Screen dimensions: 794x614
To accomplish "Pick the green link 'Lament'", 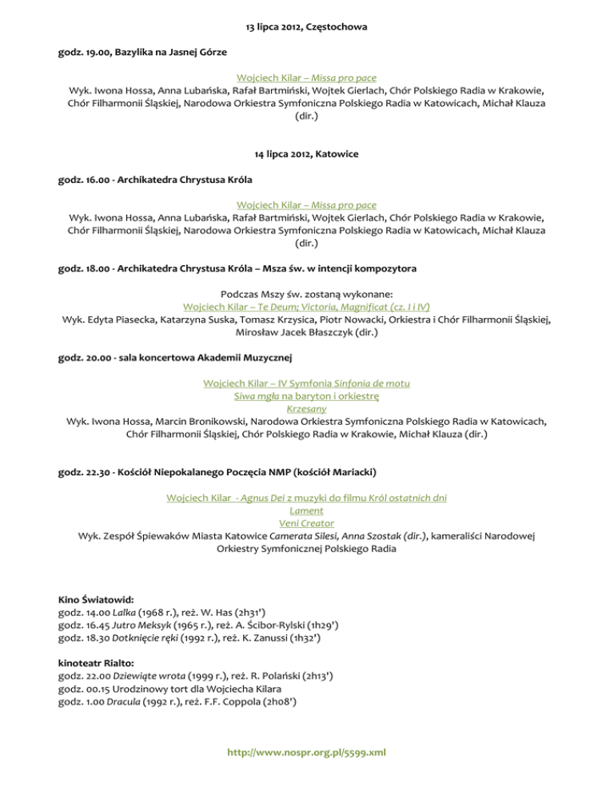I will pos(307,510).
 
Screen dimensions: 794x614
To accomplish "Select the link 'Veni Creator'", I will pos(307,522).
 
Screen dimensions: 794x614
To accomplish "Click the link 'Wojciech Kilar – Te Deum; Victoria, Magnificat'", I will pos(306,306).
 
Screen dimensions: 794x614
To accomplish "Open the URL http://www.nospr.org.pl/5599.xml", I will pos(307,752).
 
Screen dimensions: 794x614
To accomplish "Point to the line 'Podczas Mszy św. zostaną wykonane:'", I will pos(307,292).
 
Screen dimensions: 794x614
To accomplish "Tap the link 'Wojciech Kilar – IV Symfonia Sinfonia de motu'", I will pos(307,383).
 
